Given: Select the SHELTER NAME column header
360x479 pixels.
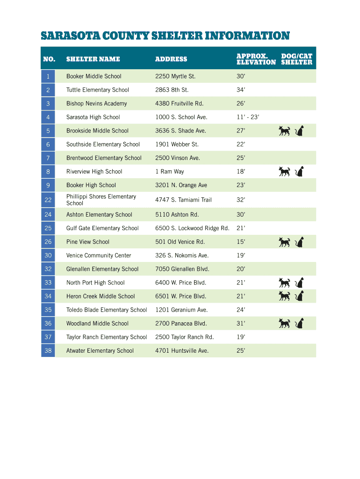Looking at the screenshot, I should (93, 59).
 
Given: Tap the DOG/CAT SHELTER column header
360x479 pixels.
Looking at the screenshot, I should (296, 59).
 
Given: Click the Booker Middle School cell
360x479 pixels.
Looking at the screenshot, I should (94, 76).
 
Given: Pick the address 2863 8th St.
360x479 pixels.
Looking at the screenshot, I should (172, 90).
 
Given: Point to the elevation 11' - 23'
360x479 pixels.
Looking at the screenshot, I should (247, 117).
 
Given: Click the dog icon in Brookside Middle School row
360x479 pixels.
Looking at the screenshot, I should (284, 131).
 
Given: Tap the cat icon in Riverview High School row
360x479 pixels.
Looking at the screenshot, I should (300, 172).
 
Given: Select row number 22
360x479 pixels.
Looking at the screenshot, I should (48, 200).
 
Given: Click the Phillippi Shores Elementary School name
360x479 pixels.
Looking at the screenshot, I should (101, 200).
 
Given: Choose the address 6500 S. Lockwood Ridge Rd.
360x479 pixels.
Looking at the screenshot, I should (192, 228).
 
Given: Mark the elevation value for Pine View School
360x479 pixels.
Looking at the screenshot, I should (241, 242).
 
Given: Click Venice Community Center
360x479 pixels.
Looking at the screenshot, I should (99, 255).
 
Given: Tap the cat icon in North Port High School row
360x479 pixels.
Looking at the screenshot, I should (300, 283).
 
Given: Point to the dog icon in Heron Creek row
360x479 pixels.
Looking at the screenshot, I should (284, 296).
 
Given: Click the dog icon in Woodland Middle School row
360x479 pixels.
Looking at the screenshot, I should (284, 323).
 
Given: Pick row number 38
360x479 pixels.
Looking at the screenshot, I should (48, 350).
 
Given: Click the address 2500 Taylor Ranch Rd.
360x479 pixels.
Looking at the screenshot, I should (184, 337).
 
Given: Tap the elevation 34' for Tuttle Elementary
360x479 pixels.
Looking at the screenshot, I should (241, 90).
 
